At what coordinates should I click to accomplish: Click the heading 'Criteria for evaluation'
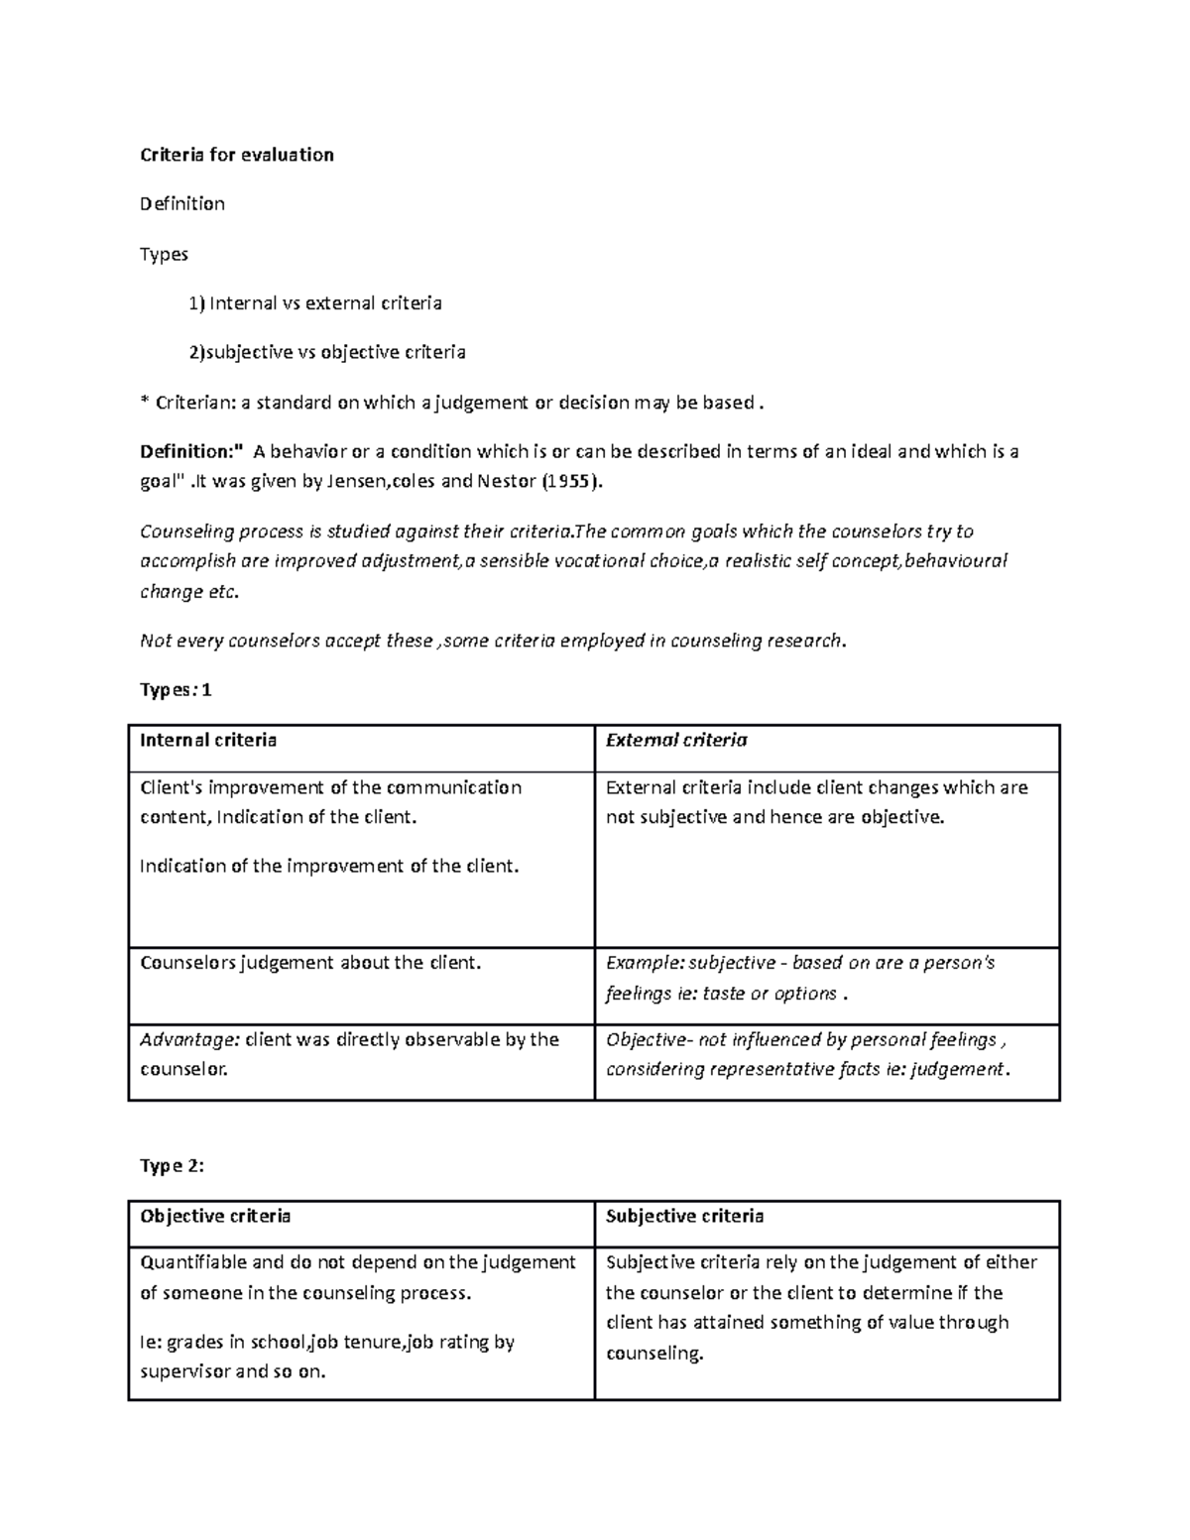(237, 155)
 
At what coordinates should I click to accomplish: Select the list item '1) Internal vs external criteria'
(315, 303)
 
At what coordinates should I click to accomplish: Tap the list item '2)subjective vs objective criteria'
(327, 352)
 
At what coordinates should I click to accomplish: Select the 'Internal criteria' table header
(208, 740)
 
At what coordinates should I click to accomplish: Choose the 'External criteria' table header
(676, 740)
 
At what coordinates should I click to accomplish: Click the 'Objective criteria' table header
(215, 1216)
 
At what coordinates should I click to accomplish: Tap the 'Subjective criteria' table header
(684, 1216)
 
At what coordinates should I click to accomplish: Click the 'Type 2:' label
(172, 1166)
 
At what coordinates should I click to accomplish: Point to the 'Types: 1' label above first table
(176, 690)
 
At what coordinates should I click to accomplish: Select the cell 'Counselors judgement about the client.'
(310, 963)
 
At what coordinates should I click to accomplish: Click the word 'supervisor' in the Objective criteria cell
(183, 1371)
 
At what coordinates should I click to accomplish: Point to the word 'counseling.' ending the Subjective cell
(654, 1354)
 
